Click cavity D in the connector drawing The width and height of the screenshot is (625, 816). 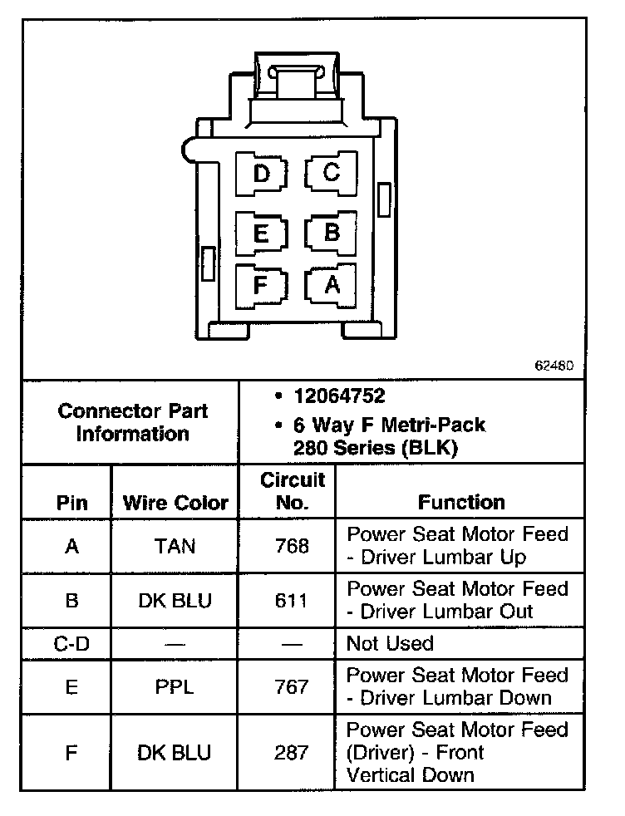pyautogui.click(x=262, y=175)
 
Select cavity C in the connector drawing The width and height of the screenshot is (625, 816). pyautogui.click(x=331, y=173)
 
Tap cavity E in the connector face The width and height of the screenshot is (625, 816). pyautogui.click(x=261, y=233)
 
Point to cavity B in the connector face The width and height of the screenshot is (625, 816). pyautogui.click(x=332, y=232)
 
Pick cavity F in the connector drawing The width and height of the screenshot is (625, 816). pyautogui.click(x=260, y=286)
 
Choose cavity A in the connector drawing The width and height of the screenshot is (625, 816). pyautogui.click(x=332, y=285)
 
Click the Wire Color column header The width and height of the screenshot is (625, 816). pyautogui.click(x=175, y=503)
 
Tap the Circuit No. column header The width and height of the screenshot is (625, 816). pyautogui.click(x=293, y=491)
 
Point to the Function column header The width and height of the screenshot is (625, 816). pyautogui.click(x=461, y=502)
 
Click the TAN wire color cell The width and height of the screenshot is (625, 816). pyautogui.click(x=175, y=546)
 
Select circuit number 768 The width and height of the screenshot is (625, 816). pyautogui.click(x=292, y=546)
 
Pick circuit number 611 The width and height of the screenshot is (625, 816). pyautogui.click(x=292, y=600)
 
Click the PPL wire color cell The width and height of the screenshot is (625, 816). pyautogui.click(x=175, y=686)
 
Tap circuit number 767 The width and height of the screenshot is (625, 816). pyautogui.click(x=292, y=686)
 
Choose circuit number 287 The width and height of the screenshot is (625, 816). pyautogui.click(x=292, y=753)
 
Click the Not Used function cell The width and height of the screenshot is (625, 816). pyautogui.click(x=390, y=643)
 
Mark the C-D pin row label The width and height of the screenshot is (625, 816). pyautogui.click(x=71, y=643)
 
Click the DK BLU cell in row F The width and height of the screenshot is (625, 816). pyautogui.click(x=175, y=753)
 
